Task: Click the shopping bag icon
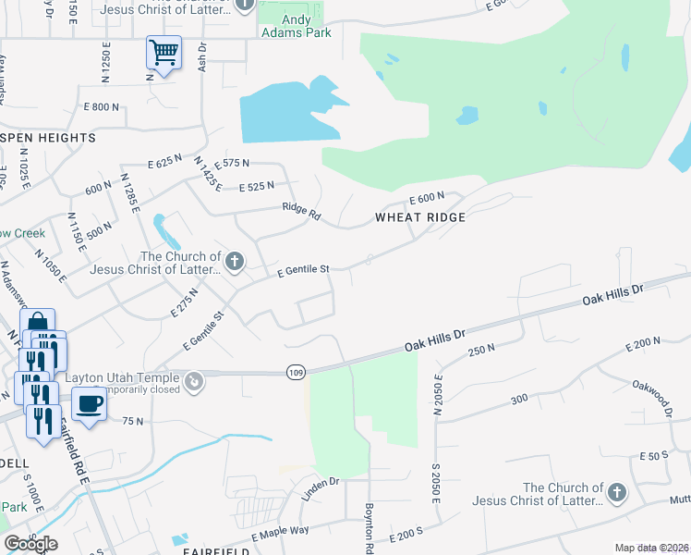point(37,325)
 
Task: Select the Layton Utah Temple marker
point(194,380)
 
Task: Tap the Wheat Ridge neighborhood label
point(419,217)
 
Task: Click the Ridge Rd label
point(302,212)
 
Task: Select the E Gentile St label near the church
point(304,271)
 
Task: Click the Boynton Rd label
point(368,527)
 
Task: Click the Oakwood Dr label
point(657,395)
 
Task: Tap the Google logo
point(30,544)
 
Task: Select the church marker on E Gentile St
point(235,262)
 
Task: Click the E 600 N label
point(428,198)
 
